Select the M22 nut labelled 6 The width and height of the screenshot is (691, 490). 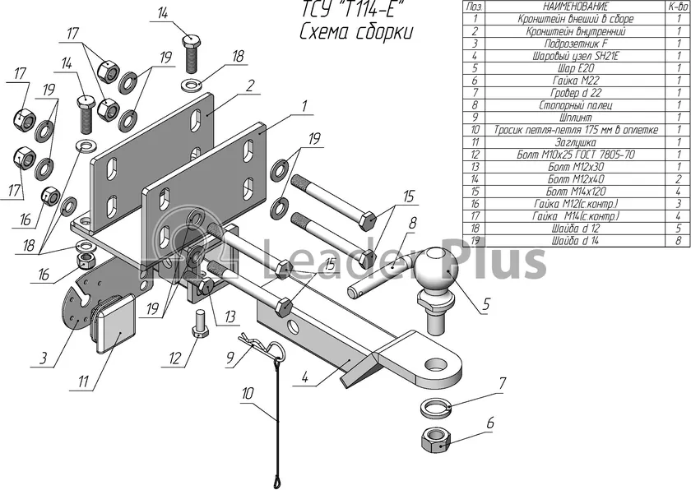pos(435,439)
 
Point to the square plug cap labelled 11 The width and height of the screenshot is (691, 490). pos(114,325)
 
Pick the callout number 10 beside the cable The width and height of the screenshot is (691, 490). pos(248,393)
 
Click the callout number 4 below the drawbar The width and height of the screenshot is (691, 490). pos(304,377)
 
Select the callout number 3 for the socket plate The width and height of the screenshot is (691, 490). pos(42,358)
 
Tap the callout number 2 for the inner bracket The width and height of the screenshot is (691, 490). pos(250,86)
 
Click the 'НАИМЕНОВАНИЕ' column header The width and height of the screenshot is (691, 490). pos(576,7)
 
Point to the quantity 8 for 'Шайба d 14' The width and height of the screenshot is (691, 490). pos(679,241)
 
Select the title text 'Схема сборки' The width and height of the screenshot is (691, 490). pos(356,32)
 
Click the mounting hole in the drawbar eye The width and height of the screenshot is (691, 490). pos(436,365)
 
